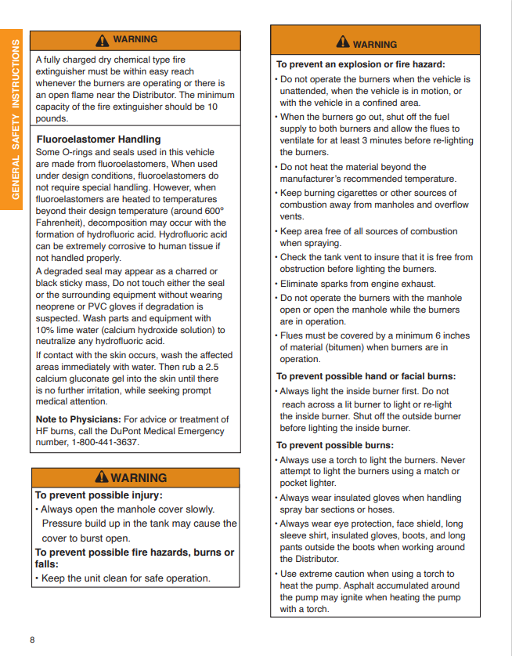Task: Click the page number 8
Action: click(x=32, y=640)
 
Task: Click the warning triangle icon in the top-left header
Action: click(x=102, y=40)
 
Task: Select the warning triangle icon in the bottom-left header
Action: click(x=101, y=477)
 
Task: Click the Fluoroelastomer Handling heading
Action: click(x=99, y=140)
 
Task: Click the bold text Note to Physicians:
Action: click(x=78, y=419)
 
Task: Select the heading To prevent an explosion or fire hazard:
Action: click(x=361, y=64)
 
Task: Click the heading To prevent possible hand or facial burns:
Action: click(x=366, y=376)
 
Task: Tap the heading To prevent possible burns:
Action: click(x=335, y=445)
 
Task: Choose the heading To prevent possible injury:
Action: click(x=99, y=495)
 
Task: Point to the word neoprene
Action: click(x=57, y=306)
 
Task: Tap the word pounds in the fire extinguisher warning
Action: click(x=52, y=118)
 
